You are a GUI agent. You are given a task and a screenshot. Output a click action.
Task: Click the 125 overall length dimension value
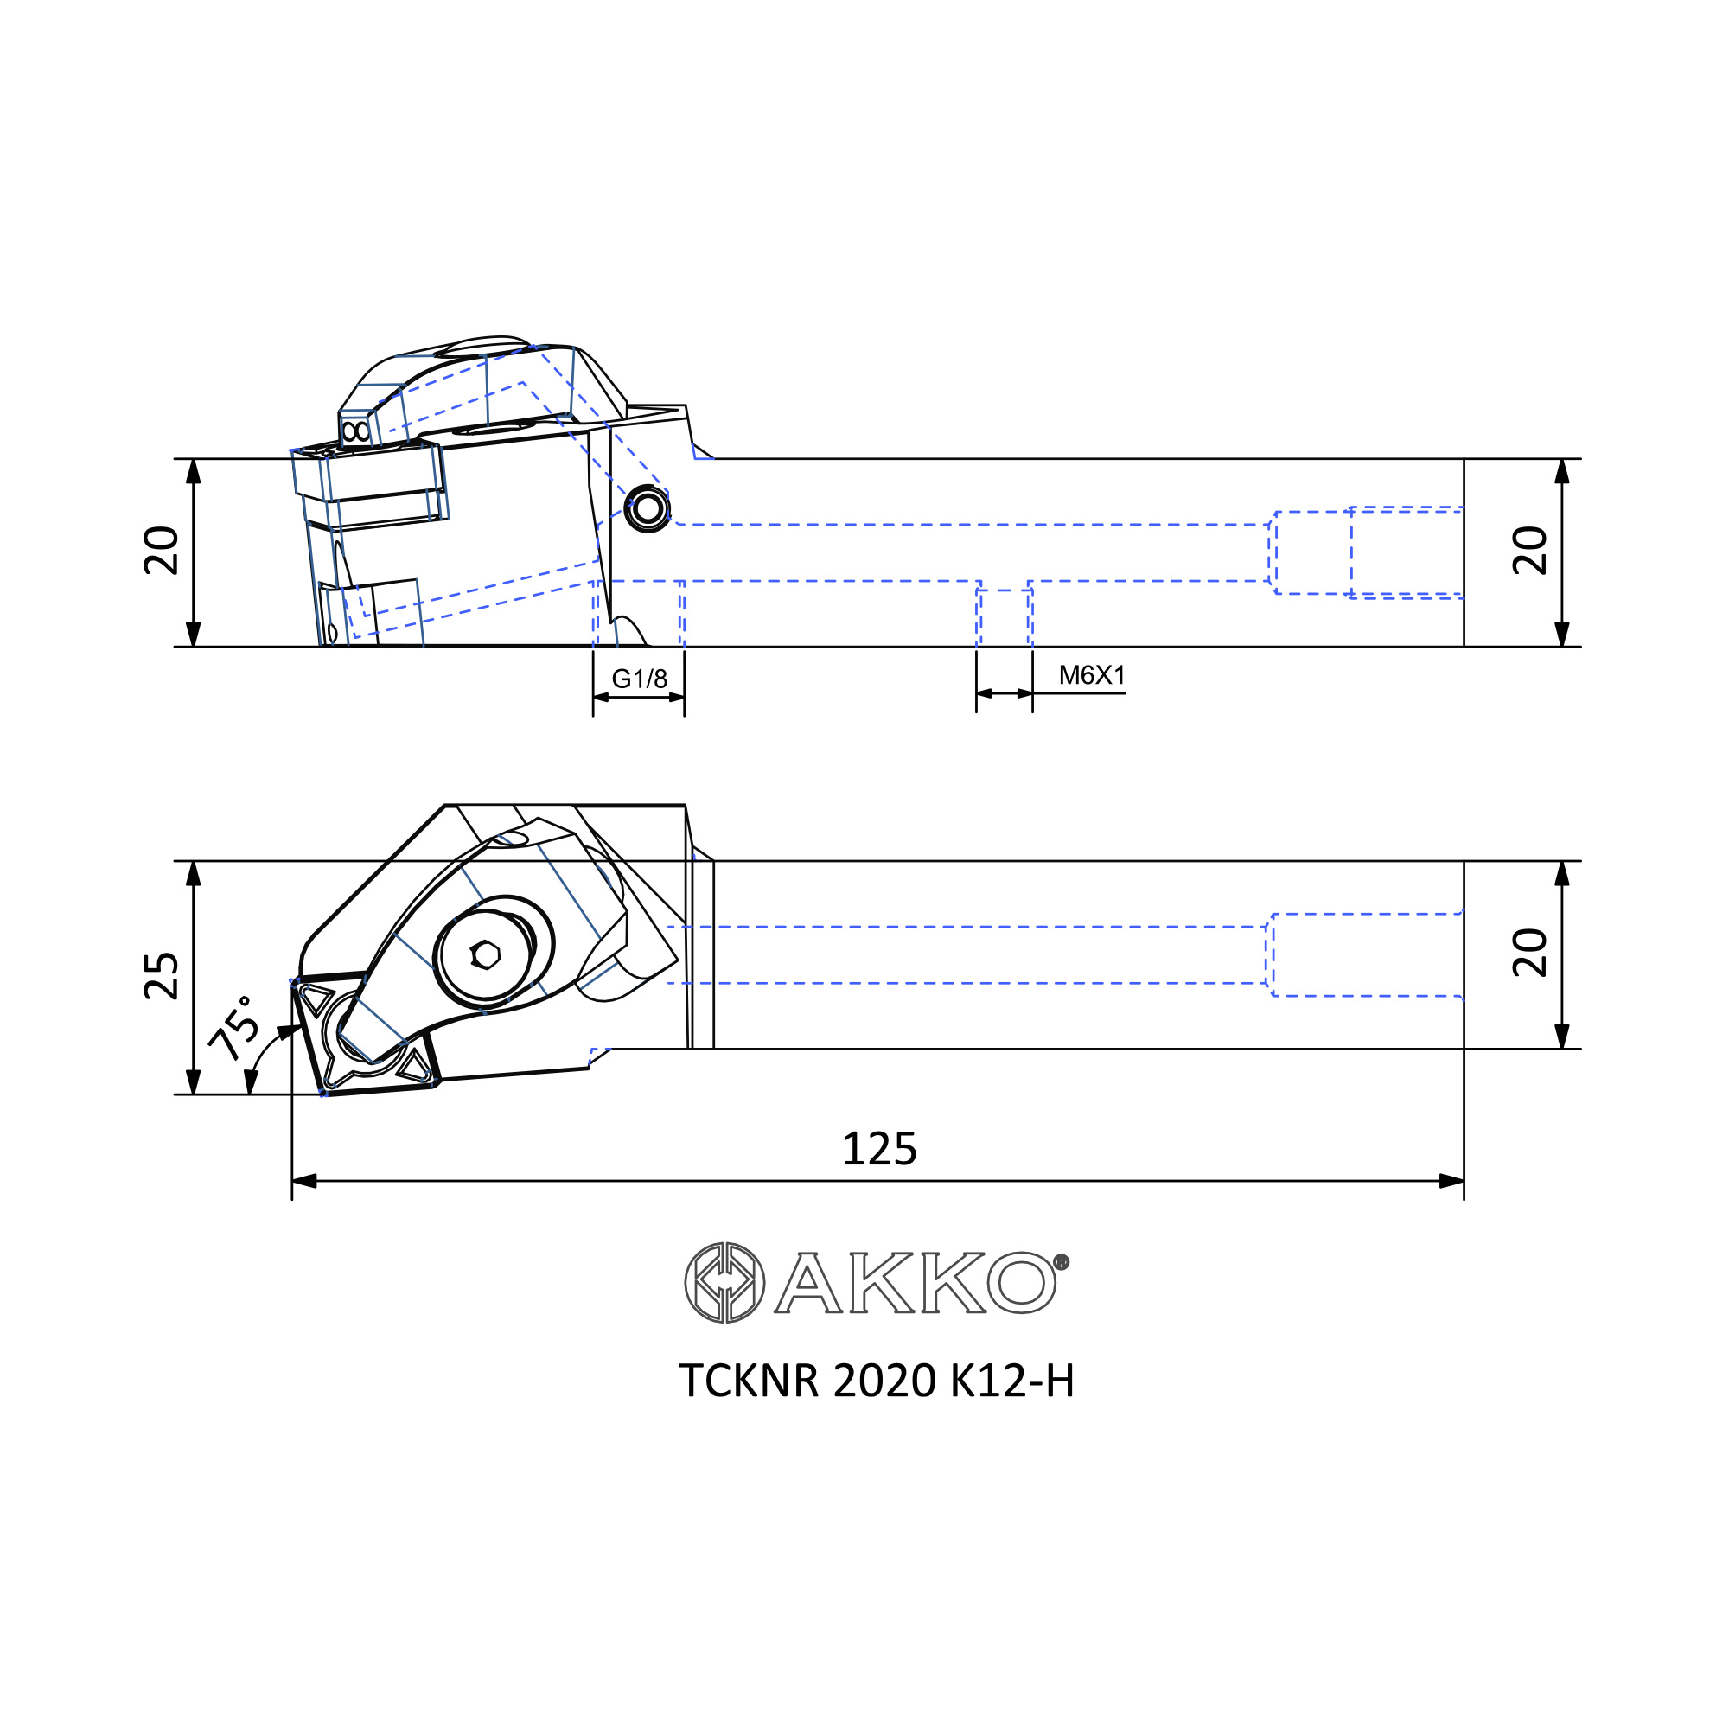coord(880,1149)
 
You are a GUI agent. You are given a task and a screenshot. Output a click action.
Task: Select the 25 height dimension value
coord(162,976)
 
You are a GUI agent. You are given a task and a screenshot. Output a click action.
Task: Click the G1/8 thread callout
coord(639,679)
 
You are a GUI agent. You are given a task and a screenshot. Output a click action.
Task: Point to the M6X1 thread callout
coord(1092,676)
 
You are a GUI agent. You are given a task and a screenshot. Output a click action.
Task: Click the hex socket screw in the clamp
coord(486,955)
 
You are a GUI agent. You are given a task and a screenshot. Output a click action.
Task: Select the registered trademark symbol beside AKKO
coord(1062,1262)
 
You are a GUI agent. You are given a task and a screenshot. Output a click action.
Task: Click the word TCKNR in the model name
coord(749,1381)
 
